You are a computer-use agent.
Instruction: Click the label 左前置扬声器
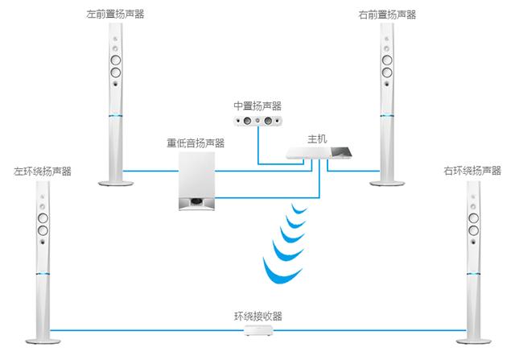tap(115, 14)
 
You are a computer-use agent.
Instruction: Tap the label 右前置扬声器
tap(389, 14)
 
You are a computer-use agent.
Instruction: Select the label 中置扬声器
tap(257, 106)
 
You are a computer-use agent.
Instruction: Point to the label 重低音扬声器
tap(196, 143)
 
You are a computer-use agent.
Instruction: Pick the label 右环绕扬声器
tap(471, 172)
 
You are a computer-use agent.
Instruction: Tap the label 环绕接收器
tap(257, 315)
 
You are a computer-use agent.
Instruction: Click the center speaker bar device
tap(257, 121)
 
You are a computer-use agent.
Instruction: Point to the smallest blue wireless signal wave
tap(300, 210)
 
